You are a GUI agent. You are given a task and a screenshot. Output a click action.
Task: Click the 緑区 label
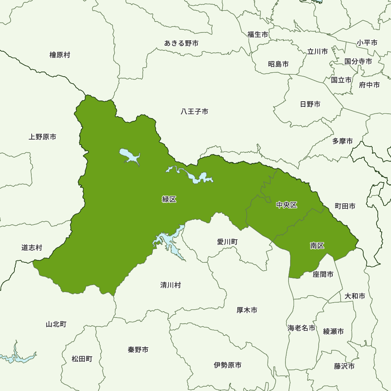(169, 199)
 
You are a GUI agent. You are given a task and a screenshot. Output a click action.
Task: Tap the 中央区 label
(287, 205)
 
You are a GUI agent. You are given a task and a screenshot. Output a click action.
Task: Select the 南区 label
(317, 246)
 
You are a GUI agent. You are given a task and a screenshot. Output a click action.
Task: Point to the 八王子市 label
(194, 112)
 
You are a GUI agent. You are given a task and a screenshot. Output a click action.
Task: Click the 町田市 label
(345, 206)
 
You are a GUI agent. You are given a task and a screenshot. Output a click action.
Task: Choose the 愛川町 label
(227, 242)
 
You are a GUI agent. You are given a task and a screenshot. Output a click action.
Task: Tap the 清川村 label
(170, 285)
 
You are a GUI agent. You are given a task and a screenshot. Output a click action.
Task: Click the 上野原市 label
(42, 137)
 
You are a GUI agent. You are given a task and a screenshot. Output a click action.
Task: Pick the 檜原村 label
(60, 55)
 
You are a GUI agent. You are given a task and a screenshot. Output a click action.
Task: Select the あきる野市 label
(181, 43)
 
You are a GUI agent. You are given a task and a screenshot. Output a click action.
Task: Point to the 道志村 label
(32, 248)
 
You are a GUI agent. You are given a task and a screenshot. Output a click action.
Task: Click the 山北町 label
(56, 324)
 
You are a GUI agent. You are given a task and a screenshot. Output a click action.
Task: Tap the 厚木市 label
(247, 310)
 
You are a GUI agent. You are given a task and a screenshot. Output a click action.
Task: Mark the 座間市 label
(323, 274)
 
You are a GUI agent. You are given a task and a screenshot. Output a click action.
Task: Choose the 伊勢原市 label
(228, 365)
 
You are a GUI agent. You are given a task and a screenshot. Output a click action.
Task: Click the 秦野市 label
(138, 350)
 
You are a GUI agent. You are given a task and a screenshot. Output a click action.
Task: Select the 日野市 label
(310, 104)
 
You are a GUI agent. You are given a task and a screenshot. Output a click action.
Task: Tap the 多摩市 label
(343, 141)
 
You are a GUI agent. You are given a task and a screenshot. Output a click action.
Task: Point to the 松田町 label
(82, 359)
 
